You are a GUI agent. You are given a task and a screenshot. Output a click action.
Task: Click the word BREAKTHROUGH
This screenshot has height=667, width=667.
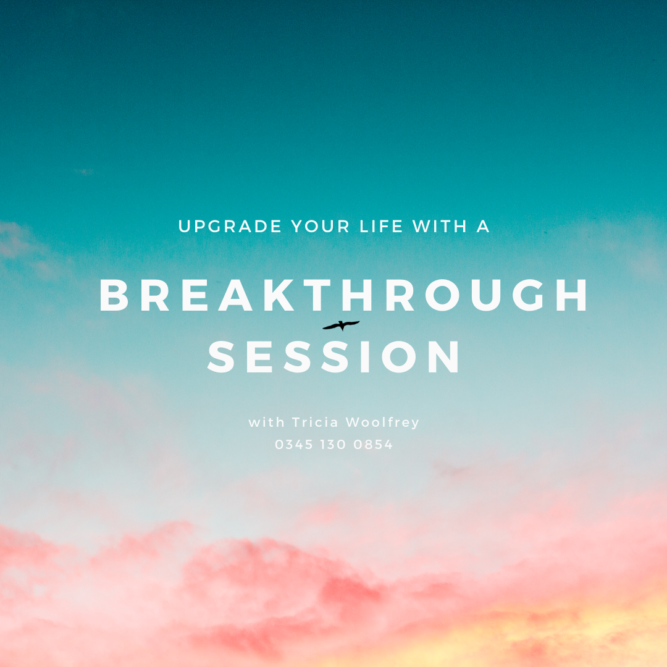(x=344, y=296)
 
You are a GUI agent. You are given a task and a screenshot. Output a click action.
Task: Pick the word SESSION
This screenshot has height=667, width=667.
(x=334, y=358)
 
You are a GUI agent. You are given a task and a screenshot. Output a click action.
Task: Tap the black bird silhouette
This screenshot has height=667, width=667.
(x=341, y=325)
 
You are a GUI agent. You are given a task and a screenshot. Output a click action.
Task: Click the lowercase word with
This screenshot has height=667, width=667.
(x=266, y=422)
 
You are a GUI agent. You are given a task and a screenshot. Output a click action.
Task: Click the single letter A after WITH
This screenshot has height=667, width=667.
(x=483, y=227)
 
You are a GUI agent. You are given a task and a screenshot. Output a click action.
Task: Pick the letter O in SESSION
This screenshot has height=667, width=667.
(x=398, y=358)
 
